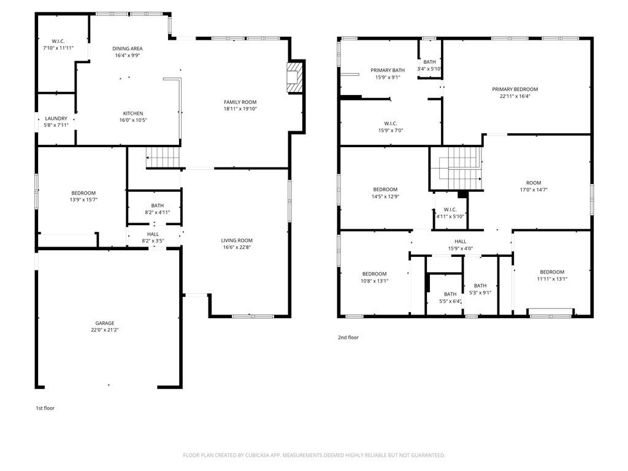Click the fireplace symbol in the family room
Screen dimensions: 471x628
(296, 77)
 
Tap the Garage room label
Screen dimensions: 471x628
(104, 323)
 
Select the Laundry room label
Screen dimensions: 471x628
(56, 118)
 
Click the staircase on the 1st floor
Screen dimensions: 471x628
(163, 158)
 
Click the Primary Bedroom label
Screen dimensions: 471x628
(515, 89)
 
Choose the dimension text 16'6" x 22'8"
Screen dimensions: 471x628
(237, 248)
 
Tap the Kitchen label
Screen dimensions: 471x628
(133, 113)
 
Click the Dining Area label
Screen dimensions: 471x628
(128, 48)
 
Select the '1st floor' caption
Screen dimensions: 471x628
(45, 408)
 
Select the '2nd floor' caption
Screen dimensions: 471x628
(348, 337)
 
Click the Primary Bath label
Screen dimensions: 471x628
(387, 71)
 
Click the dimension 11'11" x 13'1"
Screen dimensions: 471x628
(552, 280)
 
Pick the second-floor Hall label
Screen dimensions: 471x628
(460, 242)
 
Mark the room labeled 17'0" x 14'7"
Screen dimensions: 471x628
(534, 183)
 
